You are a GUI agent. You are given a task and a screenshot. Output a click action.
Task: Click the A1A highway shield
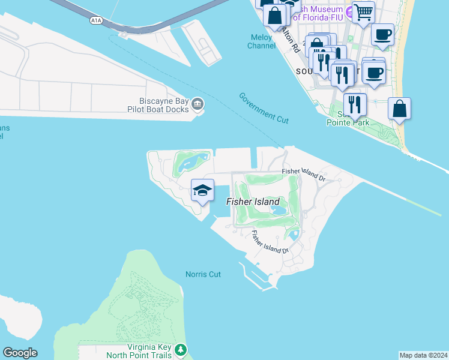(96, 21)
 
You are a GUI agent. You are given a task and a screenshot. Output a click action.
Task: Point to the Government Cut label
(264, 108)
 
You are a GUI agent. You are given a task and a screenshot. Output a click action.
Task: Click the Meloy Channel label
(262, 41)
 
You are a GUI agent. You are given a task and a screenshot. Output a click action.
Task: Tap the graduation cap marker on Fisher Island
(202, 191)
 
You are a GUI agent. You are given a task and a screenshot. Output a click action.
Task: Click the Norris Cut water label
(203, 274)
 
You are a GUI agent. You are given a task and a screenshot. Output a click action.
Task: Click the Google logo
(20, 353)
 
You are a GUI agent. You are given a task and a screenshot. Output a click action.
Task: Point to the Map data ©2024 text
(423, 355)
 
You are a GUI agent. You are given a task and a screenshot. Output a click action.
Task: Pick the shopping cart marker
(363, 11)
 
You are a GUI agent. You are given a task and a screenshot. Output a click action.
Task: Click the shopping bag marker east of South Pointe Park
(399, 109)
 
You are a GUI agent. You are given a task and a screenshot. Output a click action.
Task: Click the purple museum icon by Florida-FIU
(348, 10)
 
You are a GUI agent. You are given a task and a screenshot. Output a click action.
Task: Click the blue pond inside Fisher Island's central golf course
(279, 211)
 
